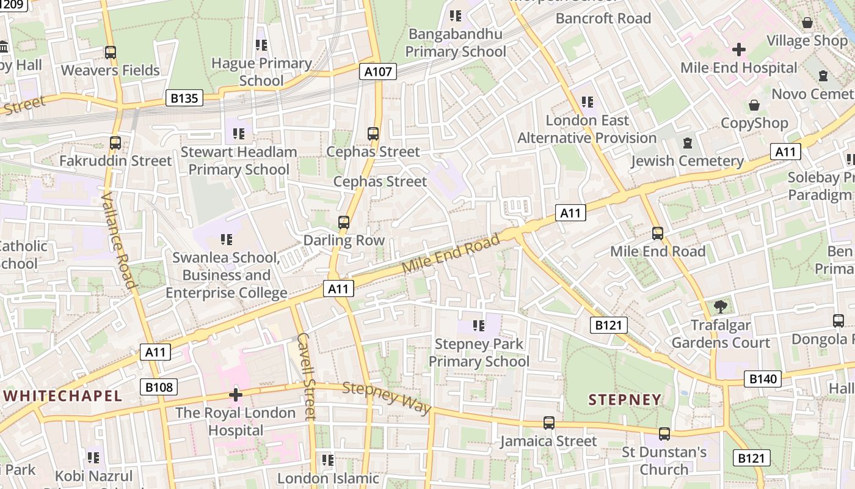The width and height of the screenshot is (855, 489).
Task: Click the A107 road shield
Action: [378, 72]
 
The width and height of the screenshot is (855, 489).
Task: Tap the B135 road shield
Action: [184, 98]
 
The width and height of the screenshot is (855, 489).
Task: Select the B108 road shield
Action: [159, 387]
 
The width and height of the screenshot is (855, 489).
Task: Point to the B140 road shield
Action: [763, 379]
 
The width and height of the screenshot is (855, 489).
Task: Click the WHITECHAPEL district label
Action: [62, 395]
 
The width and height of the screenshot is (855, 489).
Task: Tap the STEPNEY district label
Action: [625, 400]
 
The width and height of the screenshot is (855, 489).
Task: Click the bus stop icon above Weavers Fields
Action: [111, 53]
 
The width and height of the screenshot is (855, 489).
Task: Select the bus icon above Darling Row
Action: [344, 222]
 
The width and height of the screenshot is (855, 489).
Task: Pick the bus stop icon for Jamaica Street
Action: [549, 422]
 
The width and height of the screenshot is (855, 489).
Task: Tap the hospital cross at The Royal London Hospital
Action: [236, 395]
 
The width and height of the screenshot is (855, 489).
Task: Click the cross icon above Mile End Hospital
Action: [739, 49]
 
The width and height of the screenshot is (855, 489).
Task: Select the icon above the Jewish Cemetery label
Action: [688, 143]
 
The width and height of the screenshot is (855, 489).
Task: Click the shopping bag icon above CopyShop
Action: [754, 105]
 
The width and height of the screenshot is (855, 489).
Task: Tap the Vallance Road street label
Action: [118, 240]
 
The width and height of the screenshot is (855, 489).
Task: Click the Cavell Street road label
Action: [307, 376]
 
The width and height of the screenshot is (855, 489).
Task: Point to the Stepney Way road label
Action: [387, 398]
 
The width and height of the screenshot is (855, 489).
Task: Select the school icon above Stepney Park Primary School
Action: [479, 326]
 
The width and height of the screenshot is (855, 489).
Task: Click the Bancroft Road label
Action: [603, 18]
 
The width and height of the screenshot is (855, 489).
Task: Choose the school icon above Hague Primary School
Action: [261, 45]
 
